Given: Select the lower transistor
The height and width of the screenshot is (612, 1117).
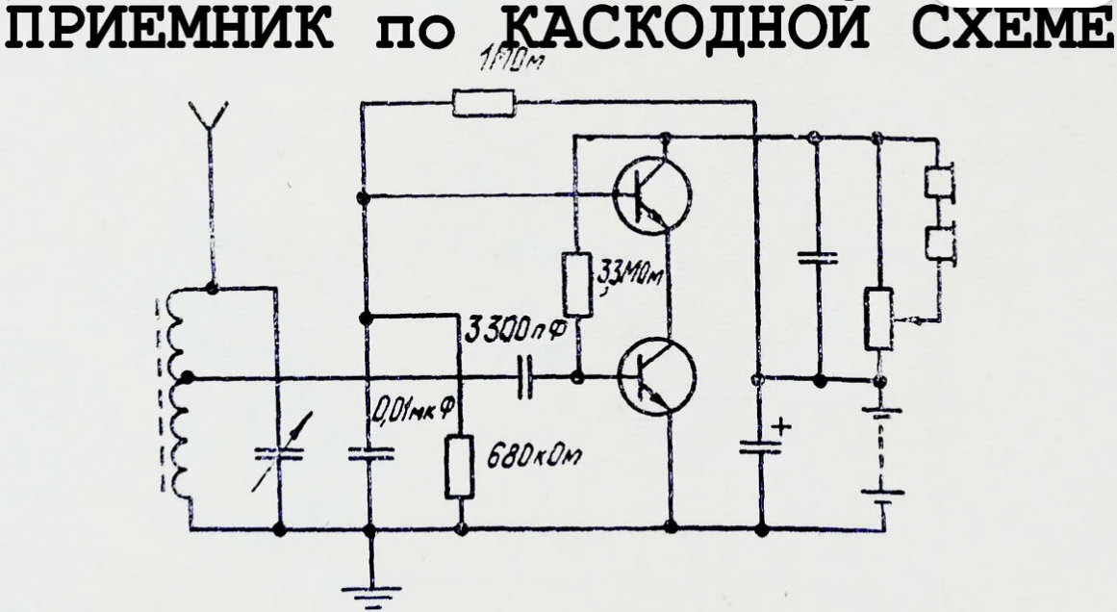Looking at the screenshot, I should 655,377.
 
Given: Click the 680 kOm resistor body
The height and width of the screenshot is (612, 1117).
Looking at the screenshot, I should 460,467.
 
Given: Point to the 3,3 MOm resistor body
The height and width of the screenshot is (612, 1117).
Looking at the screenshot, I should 576,285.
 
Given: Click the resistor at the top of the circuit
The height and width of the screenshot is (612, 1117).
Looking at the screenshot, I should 483,103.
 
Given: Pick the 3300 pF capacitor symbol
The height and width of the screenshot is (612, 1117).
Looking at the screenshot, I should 523,377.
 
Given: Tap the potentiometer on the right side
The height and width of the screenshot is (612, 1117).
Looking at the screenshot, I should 877,318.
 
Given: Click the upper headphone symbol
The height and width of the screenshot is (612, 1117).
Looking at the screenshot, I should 938,184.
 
